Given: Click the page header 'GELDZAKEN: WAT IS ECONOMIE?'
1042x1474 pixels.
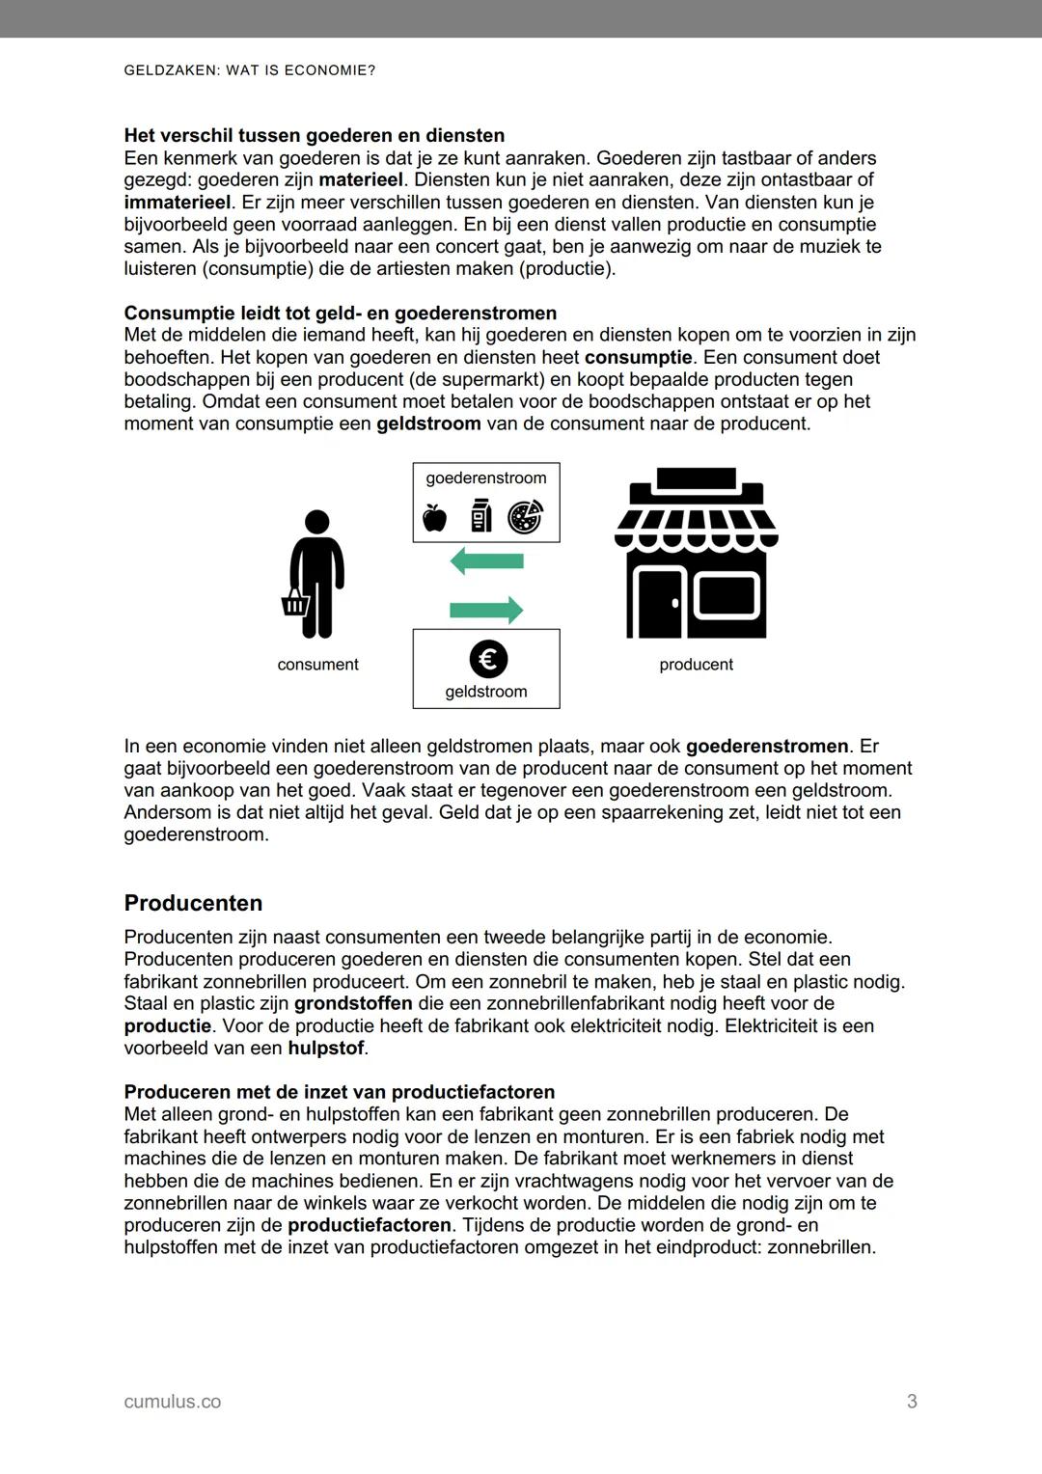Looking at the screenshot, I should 250,71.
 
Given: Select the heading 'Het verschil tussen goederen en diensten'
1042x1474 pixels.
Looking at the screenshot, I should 314,135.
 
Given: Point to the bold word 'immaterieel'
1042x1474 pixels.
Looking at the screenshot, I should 178,203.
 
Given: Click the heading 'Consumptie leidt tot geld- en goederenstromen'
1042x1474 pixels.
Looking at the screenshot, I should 340,313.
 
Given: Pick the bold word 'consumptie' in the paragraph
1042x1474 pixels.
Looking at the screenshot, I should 638,357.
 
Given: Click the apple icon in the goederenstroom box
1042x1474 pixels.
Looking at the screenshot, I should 435,519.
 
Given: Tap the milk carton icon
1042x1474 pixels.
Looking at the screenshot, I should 480,516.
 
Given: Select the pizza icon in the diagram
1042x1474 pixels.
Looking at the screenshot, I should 526,517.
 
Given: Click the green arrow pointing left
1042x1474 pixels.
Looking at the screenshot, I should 486,560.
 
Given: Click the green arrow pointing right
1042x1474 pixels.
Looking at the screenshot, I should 486,609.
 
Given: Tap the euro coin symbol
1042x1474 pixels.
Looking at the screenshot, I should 488,659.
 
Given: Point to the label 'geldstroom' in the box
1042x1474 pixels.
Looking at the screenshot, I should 486,692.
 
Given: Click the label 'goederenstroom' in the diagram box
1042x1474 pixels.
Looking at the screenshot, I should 486,478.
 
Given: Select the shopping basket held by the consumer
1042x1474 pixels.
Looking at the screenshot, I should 294,604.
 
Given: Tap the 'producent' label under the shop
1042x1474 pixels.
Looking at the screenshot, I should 696,665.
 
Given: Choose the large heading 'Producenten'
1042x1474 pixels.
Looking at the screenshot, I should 193,903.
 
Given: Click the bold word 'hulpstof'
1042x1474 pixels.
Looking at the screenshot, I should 327,1048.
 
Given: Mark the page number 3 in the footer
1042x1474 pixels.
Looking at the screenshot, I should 912,1402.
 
